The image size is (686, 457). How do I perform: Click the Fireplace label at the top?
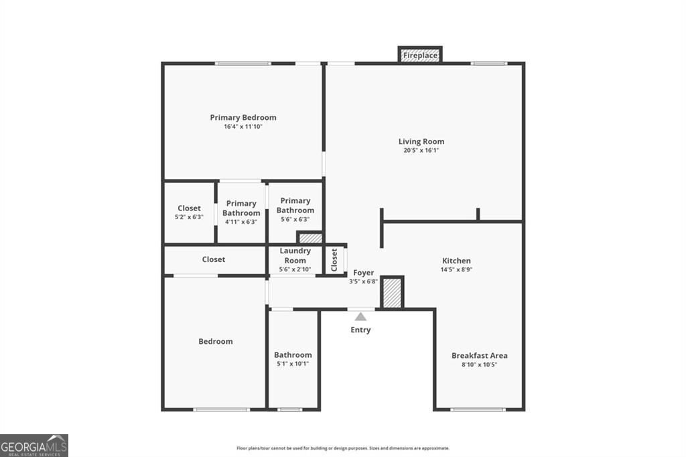420,55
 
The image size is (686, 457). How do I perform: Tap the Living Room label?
421,141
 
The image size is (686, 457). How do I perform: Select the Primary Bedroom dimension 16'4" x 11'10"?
243,127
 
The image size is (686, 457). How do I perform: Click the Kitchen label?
456,261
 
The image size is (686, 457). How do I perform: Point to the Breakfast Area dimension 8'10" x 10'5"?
479,365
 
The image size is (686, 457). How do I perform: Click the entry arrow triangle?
360,316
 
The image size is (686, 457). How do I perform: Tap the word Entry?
360,330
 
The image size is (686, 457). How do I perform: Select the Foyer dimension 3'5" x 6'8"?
364,282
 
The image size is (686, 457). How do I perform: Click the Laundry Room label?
295,256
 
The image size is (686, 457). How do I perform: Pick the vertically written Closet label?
334,260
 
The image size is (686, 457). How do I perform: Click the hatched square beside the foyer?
393,293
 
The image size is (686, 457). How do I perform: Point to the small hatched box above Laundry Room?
310,238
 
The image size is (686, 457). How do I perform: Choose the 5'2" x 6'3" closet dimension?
189,217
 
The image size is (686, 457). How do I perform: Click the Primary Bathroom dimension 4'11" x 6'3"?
241,222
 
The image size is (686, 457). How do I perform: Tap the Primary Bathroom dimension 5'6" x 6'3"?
295,219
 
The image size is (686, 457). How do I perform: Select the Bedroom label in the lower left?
216,341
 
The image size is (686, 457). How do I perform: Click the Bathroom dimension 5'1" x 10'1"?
293,364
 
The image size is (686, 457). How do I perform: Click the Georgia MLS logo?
34,446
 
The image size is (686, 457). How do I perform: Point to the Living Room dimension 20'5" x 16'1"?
421,151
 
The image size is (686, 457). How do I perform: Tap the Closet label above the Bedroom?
214,259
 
